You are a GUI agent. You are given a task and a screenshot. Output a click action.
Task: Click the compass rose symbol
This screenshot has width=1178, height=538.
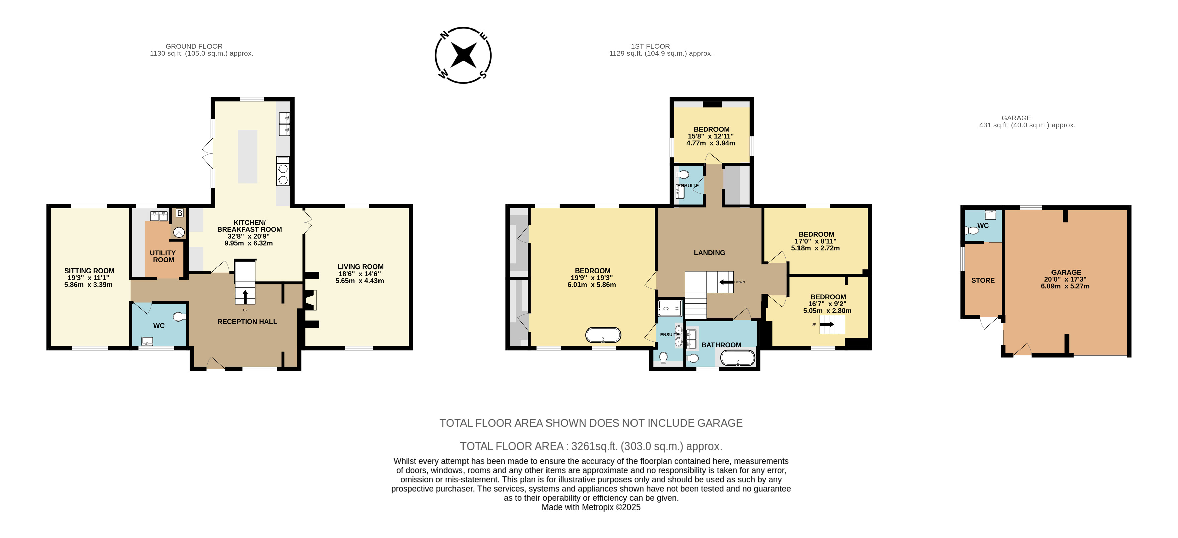point(463,55)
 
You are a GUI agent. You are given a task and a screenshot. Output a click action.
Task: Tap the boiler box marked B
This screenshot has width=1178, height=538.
point(180,213)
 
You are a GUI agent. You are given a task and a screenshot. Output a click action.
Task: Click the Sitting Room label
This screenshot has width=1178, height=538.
point(89,271)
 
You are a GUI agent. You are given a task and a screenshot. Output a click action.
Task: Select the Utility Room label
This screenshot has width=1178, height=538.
point(163,256)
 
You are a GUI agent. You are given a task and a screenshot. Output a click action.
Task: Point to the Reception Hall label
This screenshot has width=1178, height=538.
point(247,322)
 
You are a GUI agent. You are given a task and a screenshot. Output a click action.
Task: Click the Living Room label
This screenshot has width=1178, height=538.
point(360,266)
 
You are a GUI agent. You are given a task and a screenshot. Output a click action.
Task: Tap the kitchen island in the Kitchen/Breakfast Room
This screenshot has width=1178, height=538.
point(247,157)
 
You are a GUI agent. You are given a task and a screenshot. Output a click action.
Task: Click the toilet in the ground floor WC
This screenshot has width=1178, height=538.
point(179,316)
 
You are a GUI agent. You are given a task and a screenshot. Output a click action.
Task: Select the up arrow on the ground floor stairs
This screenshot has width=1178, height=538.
point(245,296)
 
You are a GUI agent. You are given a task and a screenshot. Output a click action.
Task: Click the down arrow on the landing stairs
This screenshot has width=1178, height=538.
point(726,282)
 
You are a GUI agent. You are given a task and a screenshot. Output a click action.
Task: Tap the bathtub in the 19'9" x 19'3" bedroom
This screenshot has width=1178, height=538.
point(603,335)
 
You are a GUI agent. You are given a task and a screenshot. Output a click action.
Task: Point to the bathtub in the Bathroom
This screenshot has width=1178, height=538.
point(738,358)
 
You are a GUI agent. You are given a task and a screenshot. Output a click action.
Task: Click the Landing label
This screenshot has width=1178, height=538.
point(709,253)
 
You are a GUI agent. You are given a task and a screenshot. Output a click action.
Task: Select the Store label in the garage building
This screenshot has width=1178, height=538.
point(983,280)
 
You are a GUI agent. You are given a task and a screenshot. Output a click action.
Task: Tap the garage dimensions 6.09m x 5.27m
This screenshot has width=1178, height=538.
point(1066,286)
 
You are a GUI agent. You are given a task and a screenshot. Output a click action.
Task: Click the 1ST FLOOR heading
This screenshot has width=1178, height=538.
point(650,46)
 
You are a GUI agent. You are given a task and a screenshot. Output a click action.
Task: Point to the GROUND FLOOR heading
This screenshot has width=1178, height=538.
point(194,46)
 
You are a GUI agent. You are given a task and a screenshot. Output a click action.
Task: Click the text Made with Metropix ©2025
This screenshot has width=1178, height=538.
point(591,507)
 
